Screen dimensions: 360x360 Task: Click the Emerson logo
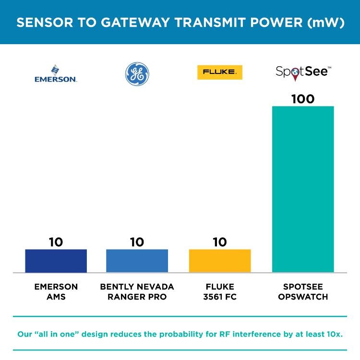coord(56,74)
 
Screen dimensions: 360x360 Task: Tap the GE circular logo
coord(137,74)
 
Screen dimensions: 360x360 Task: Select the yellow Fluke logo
coord(219,72)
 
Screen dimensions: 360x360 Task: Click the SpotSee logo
coord(303,72)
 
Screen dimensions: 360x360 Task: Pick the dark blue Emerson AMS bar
coord(56,261)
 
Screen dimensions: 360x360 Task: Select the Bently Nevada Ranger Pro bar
coord(137,261)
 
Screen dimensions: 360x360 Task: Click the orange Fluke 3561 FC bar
coord(220,261)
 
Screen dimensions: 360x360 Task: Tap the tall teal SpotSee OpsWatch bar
coord(303,189)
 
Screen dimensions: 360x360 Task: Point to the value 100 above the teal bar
coord(303,99)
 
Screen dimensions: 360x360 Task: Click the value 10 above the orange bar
coord(220,242)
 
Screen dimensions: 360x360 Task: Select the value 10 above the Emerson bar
coord(56,242)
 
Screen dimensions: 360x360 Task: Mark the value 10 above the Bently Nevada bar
coord(137,242)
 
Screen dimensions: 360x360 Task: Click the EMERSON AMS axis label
coord(56,291)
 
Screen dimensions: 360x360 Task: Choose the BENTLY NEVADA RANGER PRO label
coord(137,291)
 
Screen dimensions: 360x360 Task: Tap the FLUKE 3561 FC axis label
coord(220,291)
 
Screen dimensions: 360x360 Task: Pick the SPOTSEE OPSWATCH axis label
coord(303,291)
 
